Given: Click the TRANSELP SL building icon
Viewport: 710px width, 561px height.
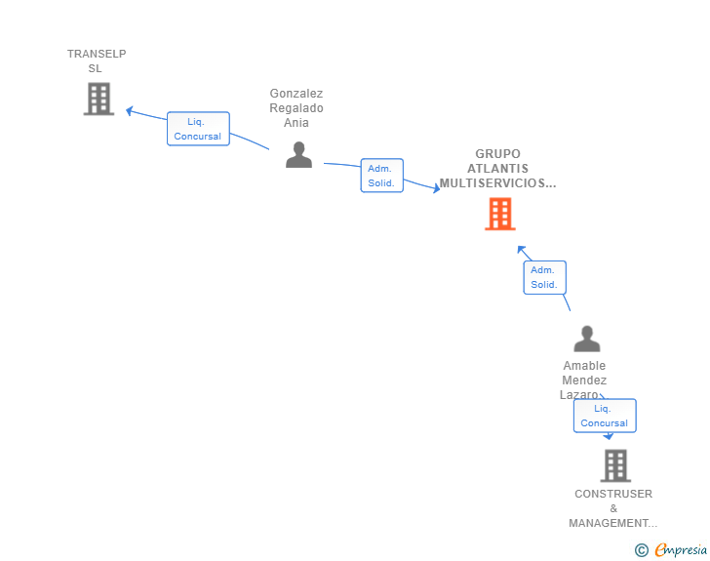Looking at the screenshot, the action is coord(99,99).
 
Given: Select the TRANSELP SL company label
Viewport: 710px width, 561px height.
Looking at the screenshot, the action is coord(97,61).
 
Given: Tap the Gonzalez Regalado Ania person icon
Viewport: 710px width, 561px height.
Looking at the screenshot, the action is coord(298,154).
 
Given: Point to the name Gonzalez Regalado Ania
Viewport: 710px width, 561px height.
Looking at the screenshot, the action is coord(296,108).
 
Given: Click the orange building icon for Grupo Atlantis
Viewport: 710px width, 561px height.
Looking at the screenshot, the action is coord(500,214).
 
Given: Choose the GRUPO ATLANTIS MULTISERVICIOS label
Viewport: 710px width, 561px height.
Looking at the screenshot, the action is coord(497,169).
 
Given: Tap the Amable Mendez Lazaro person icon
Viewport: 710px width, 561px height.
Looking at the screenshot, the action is coord(587,339).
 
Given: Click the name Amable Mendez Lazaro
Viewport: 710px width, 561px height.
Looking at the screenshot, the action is coord(583,381).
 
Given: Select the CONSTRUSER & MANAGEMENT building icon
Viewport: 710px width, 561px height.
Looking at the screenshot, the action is coord(615,465).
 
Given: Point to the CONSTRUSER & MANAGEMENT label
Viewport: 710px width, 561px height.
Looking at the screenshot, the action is coord(613,508).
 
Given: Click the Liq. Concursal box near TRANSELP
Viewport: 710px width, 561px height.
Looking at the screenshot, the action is coord(198,129).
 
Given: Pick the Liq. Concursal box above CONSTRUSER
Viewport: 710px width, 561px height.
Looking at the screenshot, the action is coord(605,416).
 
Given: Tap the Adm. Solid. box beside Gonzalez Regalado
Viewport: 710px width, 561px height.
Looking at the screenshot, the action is coord(381,176).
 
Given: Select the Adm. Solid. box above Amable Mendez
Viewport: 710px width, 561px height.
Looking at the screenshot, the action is coord(545,277).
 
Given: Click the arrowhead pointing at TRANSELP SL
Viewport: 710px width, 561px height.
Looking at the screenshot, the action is coord(130,110).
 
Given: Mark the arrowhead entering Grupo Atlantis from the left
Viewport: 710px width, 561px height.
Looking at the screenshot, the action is coord(436,188).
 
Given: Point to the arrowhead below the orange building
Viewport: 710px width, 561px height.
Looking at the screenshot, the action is coord(521,249).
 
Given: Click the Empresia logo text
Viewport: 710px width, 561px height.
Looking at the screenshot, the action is coord(681,550).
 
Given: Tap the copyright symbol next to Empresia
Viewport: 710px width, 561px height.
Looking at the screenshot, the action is coord(641,550).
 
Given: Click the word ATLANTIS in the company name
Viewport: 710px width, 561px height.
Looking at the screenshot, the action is coord(497,169).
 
